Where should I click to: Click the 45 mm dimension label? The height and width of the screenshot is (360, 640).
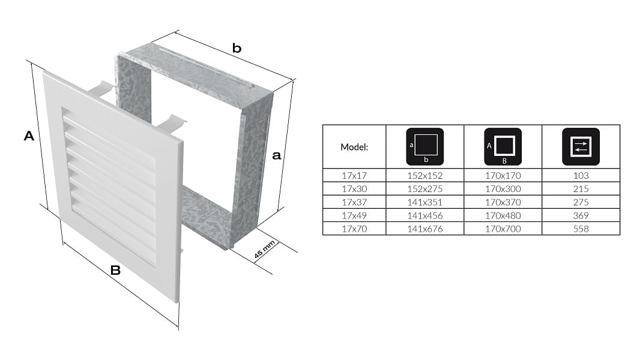(x=265, y=250)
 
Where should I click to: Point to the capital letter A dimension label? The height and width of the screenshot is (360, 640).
(x=29, y=136)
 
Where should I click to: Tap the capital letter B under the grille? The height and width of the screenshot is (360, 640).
(x=115, y=271)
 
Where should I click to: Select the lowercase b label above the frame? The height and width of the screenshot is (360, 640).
(x=237, y=48)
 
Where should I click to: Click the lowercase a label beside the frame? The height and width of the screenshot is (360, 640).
(x=276, y=155)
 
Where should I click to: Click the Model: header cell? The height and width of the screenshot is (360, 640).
(x=354, y=147)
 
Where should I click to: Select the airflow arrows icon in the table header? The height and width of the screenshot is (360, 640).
(x=581, y=147)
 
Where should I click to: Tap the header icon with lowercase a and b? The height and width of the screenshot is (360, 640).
(x=425, y=147)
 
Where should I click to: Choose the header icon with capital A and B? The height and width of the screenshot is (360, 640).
(x=503, y=147)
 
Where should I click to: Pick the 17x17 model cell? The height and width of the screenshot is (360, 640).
(x=354, y=176)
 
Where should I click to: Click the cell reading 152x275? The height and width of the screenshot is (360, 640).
(x=425, y=189)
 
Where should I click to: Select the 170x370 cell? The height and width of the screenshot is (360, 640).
(x=503, y=202)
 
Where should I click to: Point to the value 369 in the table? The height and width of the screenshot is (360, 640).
(x=581, y=215)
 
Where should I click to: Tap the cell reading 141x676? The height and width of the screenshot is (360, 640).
(x=425, y=229)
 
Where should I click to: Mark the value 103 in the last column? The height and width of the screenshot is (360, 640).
(x=581, y=176)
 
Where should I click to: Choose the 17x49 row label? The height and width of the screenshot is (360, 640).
(x=354, y=215)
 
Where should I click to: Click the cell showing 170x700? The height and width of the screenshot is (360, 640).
(x=503, y=229)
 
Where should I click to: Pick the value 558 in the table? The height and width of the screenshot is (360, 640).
(x=581, y=229)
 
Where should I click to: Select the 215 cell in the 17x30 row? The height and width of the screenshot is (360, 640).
(x=581, y=189)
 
